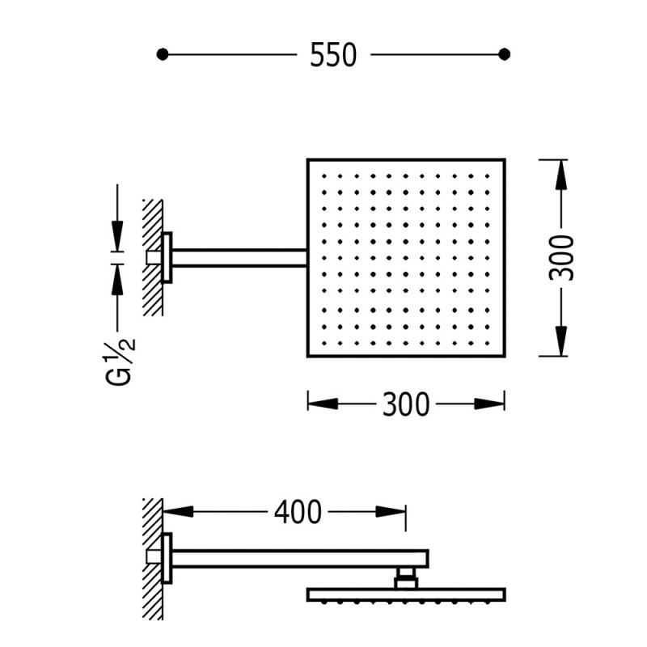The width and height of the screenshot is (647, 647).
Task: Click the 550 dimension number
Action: [x=333, y=54]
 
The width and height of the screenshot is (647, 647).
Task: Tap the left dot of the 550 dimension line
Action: [x=163, y=54]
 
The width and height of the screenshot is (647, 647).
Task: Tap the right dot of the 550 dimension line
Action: [x=504, y=54]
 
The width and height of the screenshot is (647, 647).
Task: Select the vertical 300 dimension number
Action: [x=561, y=258]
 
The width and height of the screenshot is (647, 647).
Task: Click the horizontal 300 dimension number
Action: [x=406, y=404]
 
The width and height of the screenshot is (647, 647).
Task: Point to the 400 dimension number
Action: [x=298, y=512]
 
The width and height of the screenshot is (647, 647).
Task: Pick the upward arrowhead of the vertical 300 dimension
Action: [x=561, y=175]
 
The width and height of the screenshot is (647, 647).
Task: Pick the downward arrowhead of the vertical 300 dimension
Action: [x=561, y=340]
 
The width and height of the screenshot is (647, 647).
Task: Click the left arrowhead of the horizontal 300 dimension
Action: [x=323, y=404]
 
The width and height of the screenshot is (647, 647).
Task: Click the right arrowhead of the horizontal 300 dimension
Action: [x=489, y=404]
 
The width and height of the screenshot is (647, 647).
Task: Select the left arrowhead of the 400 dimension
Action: [x=178, y=512]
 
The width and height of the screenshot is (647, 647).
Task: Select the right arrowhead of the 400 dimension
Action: [x=391, y=512]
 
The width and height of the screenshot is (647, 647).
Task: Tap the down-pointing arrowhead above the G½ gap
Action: [x=117, y=235]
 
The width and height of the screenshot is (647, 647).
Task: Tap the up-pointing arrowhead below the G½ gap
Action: [x=117, y=280]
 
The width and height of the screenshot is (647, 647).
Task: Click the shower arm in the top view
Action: [x=239, y=258]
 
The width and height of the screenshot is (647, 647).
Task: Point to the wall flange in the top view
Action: [x=167, y=258]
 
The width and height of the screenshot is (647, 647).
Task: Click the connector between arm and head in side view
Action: [x=406, y=578]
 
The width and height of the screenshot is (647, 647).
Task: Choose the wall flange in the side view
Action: [x=167, y=558]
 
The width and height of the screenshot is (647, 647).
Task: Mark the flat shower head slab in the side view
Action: [x=407, y=594]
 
